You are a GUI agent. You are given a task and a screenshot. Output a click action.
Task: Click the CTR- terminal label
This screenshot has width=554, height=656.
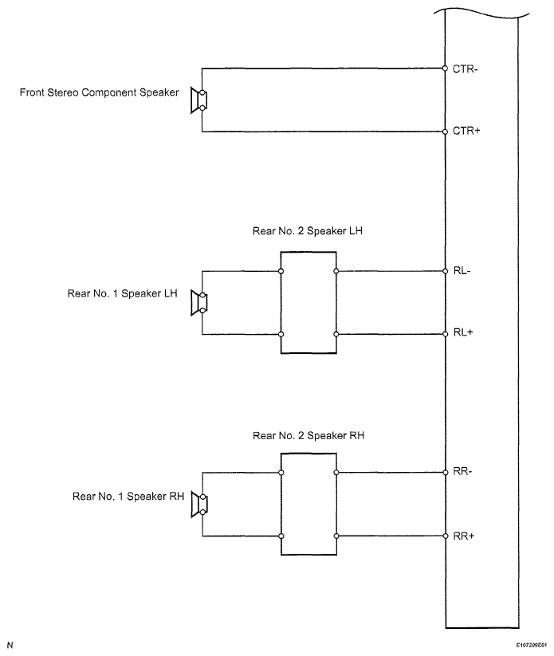[465, 69]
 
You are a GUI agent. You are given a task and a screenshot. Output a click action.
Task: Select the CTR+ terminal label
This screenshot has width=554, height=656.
[466, 131]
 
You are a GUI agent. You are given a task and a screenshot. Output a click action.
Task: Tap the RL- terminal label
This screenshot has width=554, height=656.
[462, 271]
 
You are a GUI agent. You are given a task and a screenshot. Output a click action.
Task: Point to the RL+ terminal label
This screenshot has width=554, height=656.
[463, 332]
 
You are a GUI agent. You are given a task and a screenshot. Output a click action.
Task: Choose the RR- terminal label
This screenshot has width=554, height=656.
[463, 472]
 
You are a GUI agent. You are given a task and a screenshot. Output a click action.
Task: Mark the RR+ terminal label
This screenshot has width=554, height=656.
[464, 536]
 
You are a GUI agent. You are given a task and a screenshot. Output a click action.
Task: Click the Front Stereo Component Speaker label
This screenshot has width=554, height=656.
[99, 92]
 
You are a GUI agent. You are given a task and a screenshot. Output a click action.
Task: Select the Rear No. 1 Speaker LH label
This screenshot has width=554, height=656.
[122, 293]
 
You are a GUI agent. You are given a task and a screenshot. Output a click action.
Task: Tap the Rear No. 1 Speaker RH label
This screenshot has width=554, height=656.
[128, 496]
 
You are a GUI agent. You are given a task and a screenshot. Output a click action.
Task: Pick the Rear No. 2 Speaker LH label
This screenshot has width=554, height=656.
[307, 231]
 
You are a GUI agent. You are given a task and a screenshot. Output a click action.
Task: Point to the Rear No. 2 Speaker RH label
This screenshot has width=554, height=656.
[308, 435]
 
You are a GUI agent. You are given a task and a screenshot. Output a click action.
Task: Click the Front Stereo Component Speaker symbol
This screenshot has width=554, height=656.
[198, 100]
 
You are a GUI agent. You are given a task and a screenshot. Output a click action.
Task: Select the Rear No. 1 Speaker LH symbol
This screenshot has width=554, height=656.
[198, 302]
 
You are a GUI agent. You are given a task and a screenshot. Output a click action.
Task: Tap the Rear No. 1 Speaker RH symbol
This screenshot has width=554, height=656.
[199, 505]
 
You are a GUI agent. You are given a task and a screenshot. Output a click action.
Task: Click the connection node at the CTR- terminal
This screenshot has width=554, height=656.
[446, 69]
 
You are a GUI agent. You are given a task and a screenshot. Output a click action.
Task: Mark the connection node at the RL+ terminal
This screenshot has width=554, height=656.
[446, 334]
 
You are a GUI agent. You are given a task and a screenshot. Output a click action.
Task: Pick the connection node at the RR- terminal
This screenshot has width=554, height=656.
[446, 473]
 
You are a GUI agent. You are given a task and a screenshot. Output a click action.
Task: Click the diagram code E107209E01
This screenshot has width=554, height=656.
[531, 646]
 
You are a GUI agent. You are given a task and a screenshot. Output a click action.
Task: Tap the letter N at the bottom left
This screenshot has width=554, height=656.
[10, 645]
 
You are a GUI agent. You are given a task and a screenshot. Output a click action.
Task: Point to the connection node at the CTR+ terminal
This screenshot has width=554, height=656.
[446, 132]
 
